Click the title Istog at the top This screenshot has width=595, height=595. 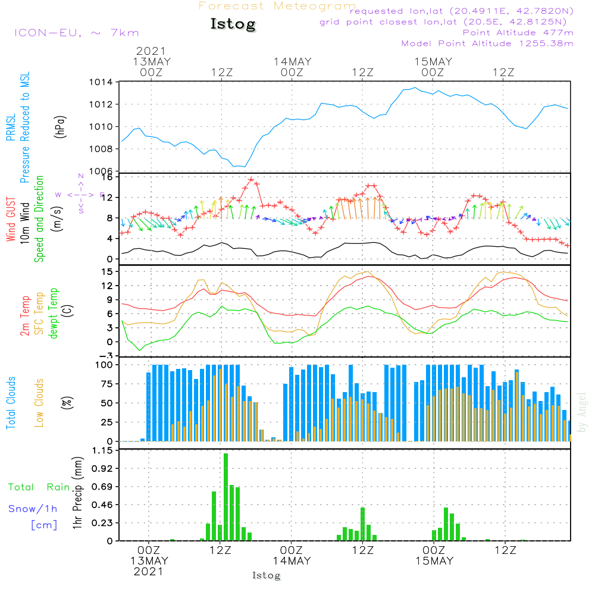coord(233,24)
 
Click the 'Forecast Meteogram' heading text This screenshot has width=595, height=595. coord(277,7)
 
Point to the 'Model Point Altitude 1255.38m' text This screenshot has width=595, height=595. coord(487,43)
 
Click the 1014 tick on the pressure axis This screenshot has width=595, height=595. coord(101,82)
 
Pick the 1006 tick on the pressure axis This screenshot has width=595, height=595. coord(101,171)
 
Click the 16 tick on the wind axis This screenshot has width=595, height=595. coord(107,177)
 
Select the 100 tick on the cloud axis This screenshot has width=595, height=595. coord(105,364)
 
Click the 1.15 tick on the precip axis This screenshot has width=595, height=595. coord(102,450)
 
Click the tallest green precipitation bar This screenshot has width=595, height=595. coord(226,497)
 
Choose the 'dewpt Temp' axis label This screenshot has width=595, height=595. coord(54,314)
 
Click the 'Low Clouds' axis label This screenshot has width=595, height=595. coord(40,402)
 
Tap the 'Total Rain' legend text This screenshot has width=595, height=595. coord(39,487)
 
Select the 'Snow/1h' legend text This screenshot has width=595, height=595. coord(33,509)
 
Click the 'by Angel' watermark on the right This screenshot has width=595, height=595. coord(582,412)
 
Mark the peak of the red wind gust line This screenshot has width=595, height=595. coord(251,179)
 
